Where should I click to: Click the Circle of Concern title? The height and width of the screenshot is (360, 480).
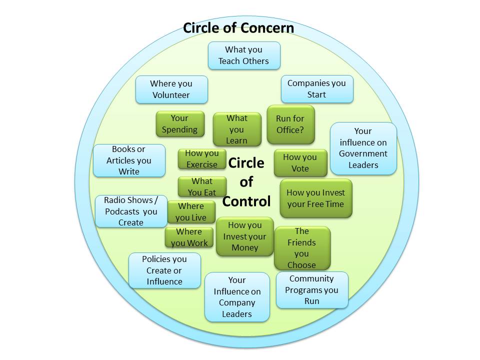point(238,27)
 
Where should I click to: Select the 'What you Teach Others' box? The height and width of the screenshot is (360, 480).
point(244,55)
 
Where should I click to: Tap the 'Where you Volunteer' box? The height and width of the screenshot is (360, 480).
point(171,89)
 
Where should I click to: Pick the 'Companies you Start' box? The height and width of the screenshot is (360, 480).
point(316,89)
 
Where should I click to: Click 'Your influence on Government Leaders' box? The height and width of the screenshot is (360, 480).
point(363,148)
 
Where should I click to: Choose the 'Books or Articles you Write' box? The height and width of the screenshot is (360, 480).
point(129,160)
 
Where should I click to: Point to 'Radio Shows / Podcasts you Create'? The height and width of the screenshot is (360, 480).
point(131,211)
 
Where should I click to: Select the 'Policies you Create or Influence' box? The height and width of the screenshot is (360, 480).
point(164,270)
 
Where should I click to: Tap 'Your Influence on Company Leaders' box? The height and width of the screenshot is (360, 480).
point(237,297)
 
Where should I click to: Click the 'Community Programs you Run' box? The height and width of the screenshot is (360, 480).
point(312,290)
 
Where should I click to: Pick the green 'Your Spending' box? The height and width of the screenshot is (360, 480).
point(179,124)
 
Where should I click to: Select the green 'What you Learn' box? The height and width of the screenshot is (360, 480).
point(237,129)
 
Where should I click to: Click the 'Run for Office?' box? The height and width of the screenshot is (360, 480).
point(290,124)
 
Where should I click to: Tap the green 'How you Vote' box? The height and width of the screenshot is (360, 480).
point(300,163)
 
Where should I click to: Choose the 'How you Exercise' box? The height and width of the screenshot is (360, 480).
point(202,159)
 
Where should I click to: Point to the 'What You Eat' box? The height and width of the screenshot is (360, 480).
point(202,186)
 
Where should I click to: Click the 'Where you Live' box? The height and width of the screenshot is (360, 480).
point(191,212)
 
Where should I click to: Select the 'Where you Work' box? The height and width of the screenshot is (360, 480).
point(189,237)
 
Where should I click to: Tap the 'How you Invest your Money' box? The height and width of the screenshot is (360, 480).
point(245,236)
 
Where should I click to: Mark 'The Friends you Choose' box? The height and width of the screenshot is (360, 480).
point(302,248)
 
